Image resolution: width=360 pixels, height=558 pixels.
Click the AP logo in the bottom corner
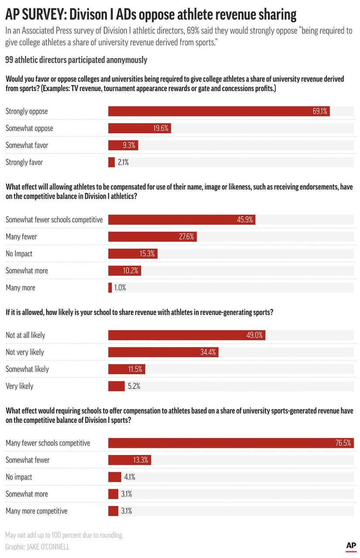pos(351,546)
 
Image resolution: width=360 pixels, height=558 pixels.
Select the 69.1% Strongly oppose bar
pos(219,111)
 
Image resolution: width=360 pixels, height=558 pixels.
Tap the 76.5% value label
pos(343,443)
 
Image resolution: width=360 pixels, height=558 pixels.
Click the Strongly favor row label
pos(24,162)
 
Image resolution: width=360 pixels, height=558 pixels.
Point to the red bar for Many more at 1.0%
pos(110,288)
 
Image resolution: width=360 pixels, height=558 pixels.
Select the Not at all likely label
pos(25,335)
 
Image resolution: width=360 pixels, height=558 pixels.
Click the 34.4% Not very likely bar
pos(163,352)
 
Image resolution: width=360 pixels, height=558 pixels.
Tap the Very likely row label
pos(19,386)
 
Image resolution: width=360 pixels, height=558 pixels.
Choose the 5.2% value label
pos(134,386)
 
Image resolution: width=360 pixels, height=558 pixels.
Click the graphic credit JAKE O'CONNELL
pos(37,547)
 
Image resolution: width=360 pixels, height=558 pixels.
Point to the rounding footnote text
pos(65,535)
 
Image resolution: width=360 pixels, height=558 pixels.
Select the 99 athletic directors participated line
pos(76,60)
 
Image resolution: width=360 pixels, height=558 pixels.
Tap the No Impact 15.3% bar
pos(132,254)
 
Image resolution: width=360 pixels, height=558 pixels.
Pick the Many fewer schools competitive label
pos(48,443)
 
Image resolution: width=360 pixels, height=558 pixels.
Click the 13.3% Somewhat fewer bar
pos(129,460)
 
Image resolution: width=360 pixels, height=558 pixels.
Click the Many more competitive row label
pos(37,511)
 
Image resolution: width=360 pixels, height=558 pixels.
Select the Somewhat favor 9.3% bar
pos(123,145)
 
